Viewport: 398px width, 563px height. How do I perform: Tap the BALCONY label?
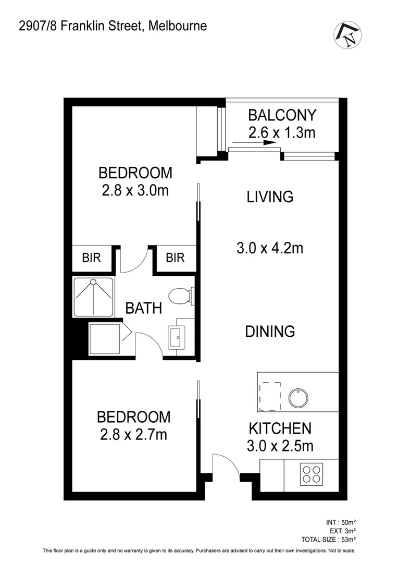point(282,115)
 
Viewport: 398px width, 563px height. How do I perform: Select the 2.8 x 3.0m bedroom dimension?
point(135,190)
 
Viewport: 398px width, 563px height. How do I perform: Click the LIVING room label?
point(270,197)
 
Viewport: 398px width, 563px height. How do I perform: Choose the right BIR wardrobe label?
point(175,258)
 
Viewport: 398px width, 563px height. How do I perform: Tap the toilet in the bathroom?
point(182,296)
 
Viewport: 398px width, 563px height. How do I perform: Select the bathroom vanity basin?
point(175,336)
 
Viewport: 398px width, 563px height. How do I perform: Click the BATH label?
point(143,308)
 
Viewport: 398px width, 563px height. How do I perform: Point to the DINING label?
point(270,331)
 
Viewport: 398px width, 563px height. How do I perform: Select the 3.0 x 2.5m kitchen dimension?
point(280,446)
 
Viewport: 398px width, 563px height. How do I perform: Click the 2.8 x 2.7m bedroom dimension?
point(134,434)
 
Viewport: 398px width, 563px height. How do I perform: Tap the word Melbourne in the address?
point(178,26)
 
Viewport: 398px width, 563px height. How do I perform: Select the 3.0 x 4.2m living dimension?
point(270,248)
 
